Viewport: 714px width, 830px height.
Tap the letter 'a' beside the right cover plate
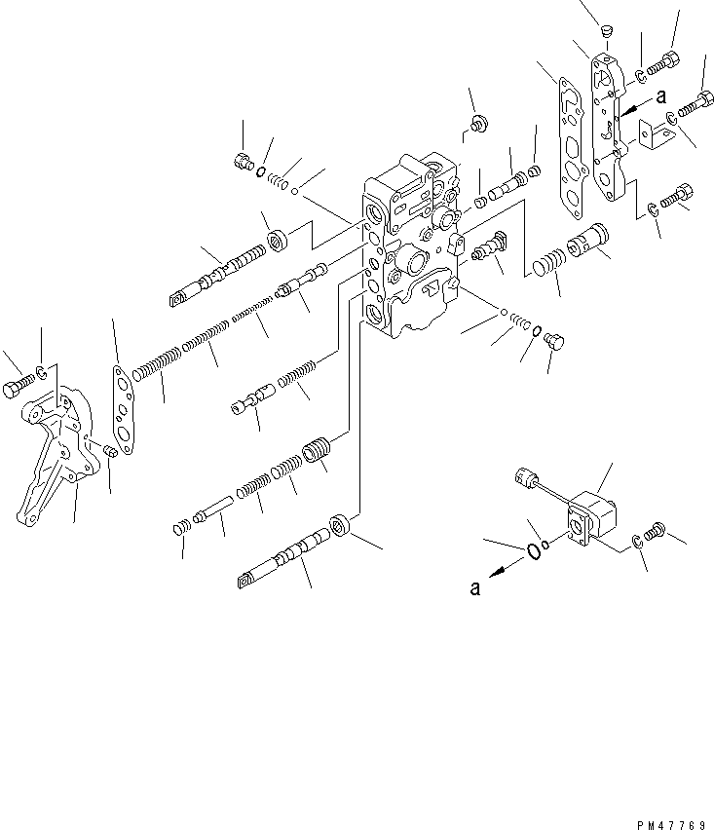pos(660,95)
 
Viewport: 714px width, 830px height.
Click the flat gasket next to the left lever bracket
pos(122,404)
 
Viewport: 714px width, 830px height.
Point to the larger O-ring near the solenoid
pos(534,550)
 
